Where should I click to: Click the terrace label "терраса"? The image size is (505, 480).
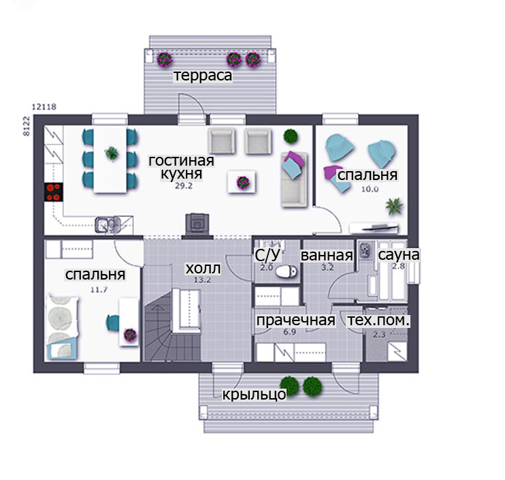203,76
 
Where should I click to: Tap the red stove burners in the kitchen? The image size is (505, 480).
54,192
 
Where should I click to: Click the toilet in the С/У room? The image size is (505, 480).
286,271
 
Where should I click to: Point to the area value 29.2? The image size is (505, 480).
184,186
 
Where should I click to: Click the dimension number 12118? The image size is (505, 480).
44,106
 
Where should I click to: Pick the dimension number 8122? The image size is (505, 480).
27,126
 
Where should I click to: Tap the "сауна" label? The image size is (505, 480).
399,255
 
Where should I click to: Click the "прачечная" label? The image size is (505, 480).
295,320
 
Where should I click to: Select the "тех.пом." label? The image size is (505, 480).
378,320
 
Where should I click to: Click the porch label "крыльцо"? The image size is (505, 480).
254,394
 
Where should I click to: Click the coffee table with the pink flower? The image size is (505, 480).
242,182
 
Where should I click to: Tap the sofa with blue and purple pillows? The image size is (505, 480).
294,179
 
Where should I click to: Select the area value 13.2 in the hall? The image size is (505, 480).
202,280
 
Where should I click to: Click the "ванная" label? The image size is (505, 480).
327,255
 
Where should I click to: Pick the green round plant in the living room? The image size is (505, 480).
291,136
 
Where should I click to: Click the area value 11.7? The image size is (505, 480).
99,290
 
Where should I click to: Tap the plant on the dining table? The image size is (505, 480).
111,153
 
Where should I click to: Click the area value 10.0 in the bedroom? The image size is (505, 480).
370,189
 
